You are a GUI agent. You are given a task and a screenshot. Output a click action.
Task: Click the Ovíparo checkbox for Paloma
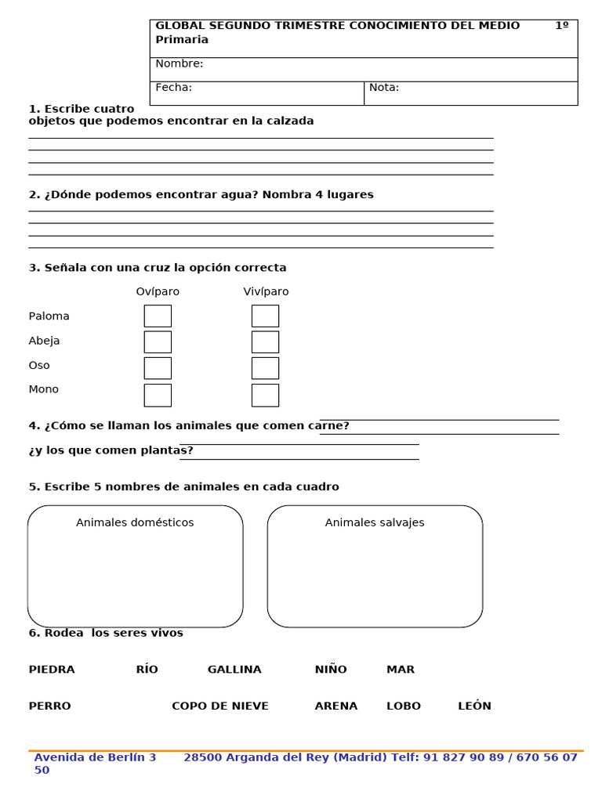pos(158,316)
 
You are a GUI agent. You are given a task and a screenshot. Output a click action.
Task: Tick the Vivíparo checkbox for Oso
pos(265,368)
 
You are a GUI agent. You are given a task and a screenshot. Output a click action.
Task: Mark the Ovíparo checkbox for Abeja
pos(158,341)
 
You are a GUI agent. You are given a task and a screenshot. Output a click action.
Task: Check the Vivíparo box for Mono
pos(265,395)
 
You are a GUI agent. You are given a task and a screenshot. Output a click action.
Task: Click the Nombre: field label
pos(180,63)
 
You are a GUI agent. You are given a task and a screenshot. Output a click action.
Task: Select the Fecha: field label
pos(174,88)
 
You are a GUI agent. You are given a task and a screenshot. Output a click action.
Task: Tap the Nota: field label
pos(384,88)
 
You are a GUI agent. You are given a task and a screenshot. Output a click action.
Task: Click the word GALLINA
pos(234,670)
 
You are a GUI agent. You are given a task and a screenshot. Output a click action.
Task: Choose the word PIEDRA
pos(52,670)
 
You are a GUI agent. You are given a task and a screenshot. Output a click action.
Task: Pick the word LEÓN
pos(474,706)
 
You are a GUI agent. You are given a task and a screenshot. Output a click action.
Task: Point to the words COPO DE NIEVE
pos(220,706)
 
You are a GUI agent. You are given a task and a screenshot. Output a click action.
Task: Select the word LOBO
pos(404,706)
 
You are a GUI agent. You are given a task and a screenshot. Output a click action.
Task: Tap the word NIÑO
pos(331,670)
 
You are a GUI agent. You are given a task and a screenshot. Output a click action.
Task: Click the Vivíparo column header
pos(266,291)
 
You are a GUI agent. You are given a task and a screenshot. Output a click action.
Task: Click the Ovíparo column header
pos(158,291)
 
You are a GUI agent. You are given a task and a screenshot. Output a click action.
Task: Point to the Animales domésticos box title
pos(135,522)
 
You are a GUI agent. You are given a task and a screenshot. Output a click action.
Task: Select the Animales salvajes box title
pos(375,522)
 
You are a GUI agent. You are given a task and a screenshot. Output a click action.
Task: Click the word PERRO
pos(49,706)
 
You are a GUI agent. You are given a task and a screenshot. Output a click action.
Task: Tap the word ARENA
pos(336,706)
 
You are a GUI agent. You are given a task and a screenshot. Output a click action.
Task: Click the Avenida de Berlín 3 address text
pos(95,757)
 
